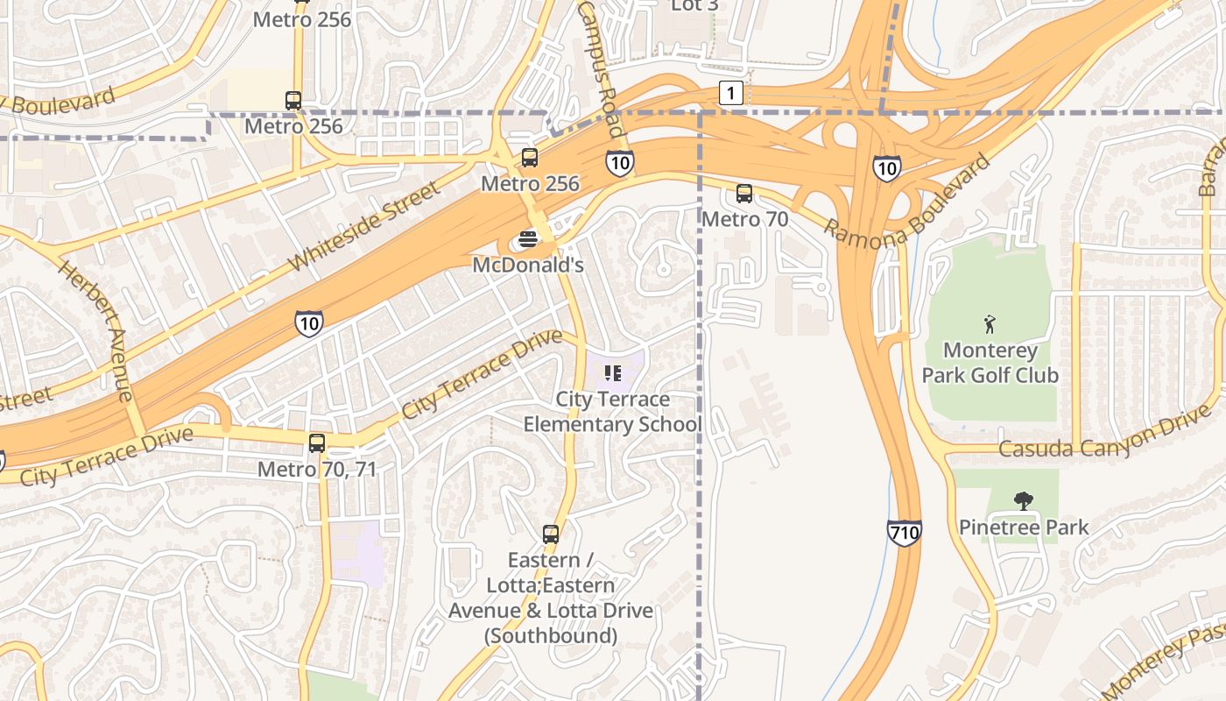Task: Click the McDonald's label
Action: pos(527,265)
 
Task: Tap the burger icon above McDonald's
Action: pos(527,239)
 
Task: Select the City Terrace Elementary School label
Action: pos(612,412)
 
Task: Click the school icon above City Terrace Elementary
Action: pos(612,374)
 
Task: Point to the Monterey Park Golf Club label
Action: pos(990,363)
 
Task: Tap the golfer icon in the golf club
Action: pos(990,324)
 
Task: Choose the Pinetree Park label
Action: pos(1023,528)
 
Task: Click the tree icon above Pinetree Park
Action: pos(1023,501)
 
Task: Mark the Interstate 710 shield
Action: pos(904,532)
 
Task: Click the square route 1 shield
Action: pos(731,93)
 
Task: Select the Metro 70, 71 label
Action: pos(317,470)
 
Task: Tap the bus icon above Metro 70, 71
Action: pos(317,443)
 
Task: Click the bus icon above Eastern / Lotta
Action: pos(550,534)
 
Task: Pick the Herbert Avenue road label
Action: pos(96,329)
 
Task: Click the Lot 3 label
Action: pos(694,5)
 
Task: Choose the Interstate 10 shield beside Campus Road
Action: pos(619,162)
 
